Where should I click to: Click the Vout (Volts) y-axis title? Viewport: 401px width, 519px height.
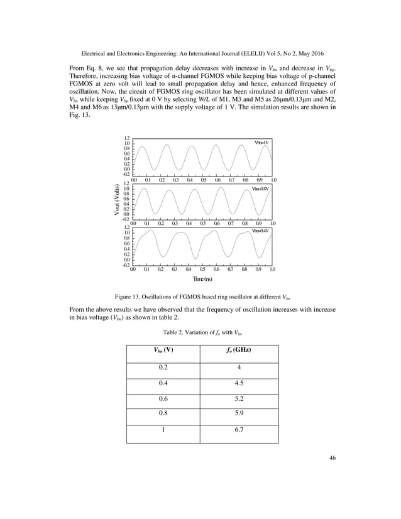(118, 200)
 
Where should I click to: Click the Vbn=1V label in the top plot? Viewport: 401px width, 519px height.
(261, 143)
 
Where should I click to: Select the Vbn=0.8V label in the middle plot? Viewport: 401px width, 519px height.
(260, 188)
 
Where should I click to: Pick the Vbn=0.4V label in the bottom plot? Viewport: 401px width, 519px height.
(260, 231)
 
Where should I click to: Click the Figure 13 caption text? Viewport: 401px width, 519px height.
(201, 295)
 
